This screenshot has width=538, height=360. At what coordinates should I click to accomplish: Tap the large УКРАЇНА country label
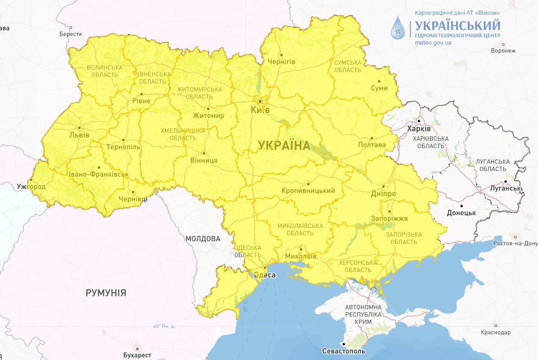coord(283,145)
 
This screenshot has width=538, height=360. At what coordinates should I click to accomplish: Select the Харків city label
coord(419,129)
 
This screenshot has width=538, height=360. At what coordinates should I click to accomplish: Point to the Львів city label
coord(79,134)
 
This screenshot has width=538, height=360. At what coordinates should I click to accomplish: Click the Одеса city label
coord(264,275)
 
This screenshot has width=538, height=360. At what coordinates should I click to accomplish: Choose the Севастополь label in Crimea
coord(343,351)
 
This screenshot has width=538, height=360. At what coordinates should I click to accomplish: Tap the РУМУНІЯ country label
coord(106,293)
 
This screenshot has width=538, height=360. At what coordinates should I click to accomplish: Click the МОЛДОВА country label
coord(203,238)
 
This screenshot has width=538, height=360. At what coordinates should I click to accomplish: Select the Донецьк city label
coord(461,213)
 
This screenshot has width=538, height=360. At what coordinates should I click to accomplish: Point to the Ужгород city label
coord(31,186)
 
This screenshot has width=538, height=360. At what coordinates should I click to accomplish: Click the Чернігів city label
coord(281,62)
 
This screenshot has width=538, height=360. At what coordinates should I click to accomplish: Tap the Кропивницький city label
coord(308,191)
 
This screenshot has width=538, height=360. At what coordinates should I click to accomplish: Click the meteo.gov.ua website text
coord(433,43)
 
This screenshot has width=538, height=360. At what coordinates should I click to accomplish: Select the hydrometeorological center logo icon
coord(399,29)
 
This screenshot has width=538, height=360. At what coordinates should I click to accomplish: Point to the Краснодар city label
coord(495,332)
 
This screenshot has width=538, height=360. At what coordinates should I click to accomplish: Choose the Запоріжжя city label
coord(389,218)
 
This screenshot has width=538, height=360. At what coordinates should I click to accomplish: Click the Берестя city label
coord(70,34)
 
